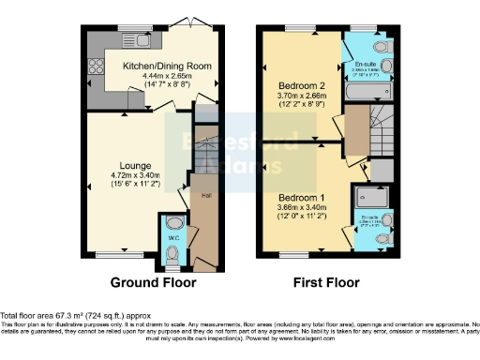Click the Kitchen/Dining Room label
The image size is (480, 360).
tap(165, 67)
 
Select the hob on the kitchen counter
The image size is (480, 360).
tap(95, 67)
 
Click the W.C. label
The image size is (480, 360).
tap(173, 238)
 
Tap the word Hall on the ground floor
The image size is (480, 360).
tap(205, 196)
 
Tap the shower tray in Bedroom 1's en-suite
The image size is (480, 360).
tap(368, 199)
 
